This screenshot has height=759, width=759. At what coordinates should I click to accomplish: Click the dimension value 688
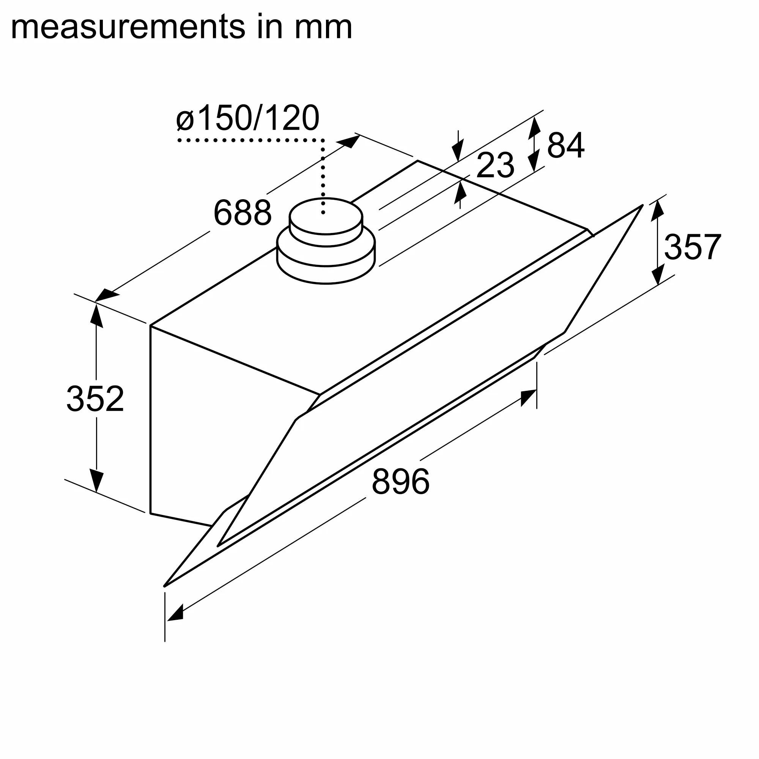pyautogui.click(x=243, y=213)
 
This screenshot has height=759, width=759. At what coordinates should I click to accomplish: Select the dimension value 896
pyautogui.click(x=400, y=481)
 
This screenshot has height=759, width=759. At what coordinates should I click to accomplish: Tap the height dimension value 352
pyautogui.click(x=95, y=399)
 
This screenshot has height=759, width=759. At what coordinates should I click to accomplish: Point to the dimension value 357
pyautogui.click(x=692, y=247)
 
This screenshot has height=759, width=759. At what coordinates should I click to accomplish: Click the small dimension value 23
pyautogui.click(x=495, y=165)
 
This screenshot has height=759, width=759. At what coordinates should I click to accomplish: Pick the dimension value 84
pyautogui.click(x=565, y=145)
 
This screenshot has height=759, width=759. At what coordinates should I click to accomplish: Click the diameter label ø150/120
pyautogui.click(x=247, y=118)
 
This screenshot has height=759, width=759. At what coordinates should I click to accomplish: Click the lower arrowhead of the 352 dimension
pyautogui.click(x=96, y=480)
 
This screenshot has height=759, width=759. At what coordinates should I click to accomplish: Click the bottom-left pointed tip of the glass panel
pyautogui.click(x=165, y=585)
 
